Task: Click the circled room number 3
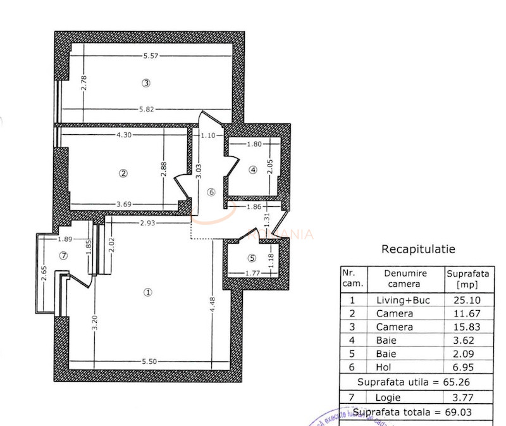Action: coord(146,83)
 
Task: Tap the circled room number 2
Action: coord(124,172)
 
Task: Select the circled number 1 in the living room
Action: coord(148,292)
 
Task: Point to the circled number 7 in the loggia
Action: coord(63,256)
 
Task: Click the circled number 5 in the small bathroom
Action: coord(252,258)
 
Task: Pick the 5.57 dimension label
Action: coord(151,56)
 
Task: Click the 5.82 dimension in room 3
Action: coord(146,109)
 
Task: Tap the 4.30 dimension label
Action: coord(125,135)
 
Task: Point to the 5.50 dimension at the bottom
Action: coord(149,361)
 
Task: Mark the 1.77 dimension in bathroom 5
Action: coord(253,273)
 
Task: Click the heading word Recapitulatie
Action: coord(418,249)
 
